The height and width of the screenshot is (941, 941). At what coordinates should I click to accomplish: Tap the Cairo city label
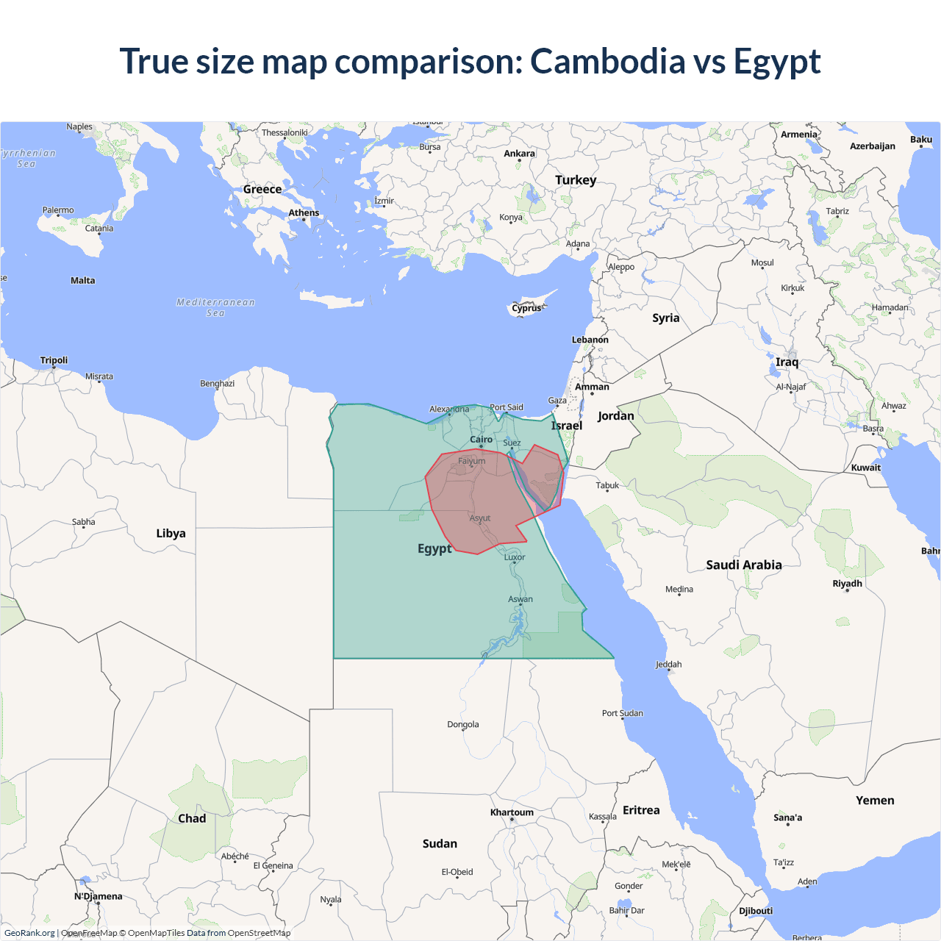[x=482, y=440]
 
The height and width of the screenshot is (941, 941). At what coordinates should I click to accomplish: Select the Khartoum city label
[x=512, y=812]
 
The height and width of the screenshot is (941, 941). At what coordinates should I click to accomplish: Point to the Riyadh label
[x=847, y=584]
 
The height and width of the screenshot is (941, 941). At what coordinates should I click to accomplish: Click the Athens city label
[x=304, y=213]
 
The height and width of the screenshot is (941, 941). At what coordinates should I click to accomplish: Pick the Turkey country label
[x=576, y=180]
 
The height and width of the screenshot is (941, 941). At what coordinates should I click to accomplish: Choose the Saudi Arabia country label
[x=743, y=565]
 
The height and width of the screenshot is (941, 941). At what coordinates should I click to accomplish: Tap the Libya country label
[x=171, y=533]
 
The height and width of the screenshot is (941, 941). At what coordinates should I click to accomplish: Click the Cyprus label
[x=526, y=308]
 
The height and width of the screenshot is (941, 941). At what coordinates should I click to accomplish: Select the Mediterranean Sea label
[x=215, y=307]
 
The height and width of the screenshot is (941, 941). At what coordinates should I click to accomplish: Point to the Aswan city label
[x=520, y=599]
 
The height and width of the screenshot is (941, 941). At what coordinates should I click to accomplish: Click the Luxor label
[x=515, y=557]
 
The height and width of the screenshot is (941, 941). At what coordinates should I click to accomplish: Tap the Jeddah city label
[x=668, y=665]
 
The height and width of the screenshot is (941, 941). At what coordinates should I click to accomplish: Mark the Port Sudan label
[x=622, y=713]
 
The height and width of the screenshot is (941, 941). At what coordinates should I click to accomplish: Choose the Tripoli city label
[x=54, y=360]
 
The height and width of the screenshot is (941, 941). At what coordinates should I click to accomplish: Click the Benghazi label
[x=217, y=384]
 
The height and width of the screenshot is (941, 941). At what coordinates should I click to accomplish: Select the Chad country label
[x=192, y=818]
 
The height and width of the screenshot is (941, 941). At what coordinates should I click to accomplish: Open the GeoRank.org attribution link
[x=29, y=933]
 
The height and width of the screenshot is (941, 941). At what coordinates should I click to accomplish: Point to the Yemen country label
[x=875, y=801]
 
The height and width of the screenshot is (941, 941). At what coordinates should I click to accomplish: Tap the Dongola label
[x=462, y=725]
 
